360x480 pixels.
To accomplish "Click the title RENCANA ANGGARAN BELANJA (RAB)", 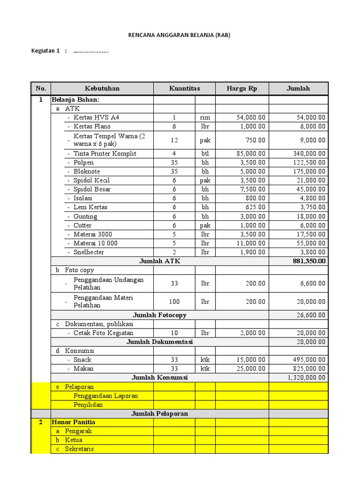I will (x=180, y=35).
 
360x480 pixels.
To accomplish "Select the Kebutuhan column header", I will (x=102, y=89).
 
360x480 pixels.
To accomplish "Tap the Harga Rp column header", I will (x=241, y=89).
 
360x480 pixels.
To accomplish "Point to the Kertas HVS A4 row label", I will (x=96, y=117).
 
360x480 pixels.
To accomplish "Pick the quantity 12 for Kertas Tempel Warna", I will (x=174, y=140).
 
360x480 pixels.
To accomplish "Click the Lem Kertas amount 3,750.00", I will (x=312, y=207).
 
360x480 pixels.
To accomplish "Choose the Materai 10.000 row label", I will (x=96, y=243).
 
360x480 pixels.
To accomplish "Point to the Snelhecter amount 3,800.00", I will (x=312, y=252).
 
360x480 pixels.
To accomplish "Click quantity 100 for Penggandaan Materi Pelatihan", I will (x=174, y=301).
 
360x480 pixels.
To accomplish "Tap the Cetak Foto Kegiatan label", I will (x=103, y=333).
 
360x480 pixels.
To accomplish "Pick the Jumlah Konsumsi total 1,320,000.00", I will (x=306, y=377).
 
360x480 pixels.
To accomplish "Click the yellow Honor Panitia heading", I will (x=74, y=422).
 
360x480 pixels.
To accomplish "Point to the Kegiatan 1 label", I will (x=45, y=51).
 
